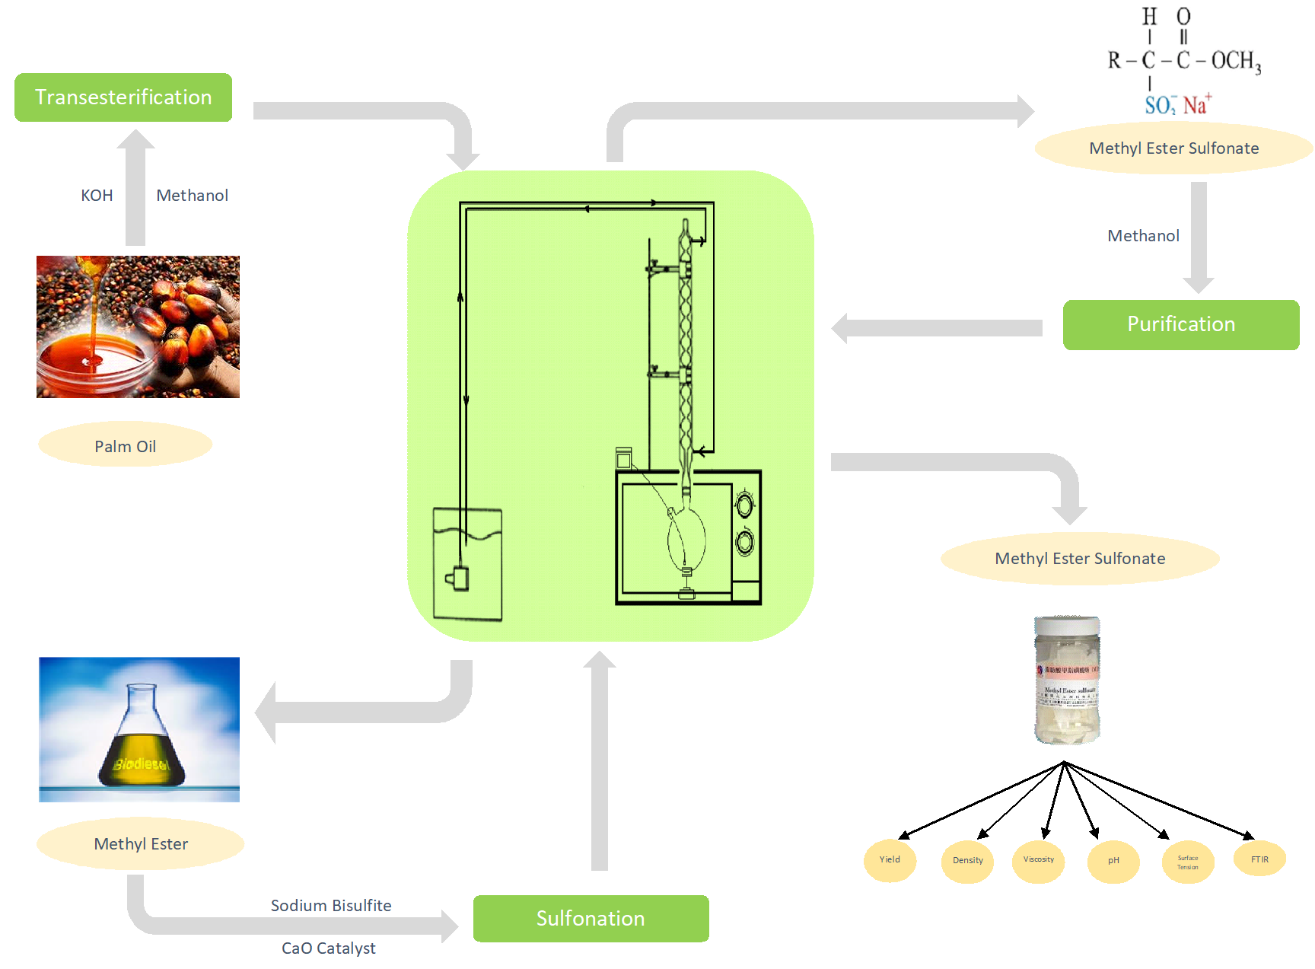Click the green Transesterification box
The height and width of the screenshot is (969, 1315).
(123, 97)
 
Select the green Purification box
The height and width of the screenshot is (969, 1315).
(1180, 325)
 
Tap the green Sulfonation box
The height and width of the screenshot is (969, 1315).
(591, 919)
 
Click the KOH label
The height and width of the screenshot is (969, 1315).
(97, 196)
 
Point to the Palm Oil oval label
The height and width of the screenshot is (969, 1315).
(125, 446)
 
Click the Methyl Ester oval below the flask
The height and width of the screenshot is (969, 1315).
(141, 843)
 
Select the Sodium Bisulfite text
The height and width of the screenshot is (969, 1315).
(331, 906)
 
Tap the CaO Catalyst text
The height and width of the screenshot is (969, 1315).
(329, 948)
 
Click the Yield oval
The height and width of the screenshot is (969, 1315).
(890, 860)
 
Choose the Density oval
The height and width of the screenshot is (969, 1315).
(967, 861)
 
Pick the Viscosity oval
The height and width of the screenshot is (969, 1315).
(1038, 860)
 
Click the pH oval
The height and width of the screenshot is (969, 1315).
(1113, 861)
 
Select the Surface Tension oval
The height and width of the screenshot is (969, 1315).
(1187, 862)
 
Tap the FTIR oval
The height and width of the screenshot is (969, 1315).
(1259, 859)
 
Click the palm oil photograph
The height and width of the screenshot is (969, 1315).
(138, 327)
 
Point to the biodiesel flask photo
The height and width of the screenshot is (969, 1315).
(139, 729)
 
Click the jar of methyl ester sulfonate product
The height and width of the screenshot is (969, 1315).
(1067, 680)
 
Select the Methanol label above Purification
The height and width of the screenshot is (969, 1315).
(1143, 236)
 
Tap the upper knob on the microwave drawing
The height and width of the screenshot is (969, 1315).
(744, 504)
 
